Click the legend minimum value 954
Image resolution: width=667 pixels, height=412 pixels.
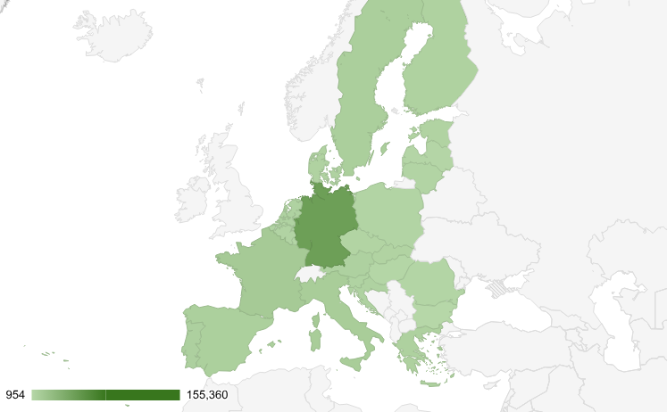[x=15, y=395]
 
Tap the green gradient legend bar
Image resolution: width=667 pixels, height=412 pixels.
[x=105, y=395]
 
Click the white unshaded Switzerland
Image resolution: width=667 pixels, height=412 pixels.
[x=309, y=273]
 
